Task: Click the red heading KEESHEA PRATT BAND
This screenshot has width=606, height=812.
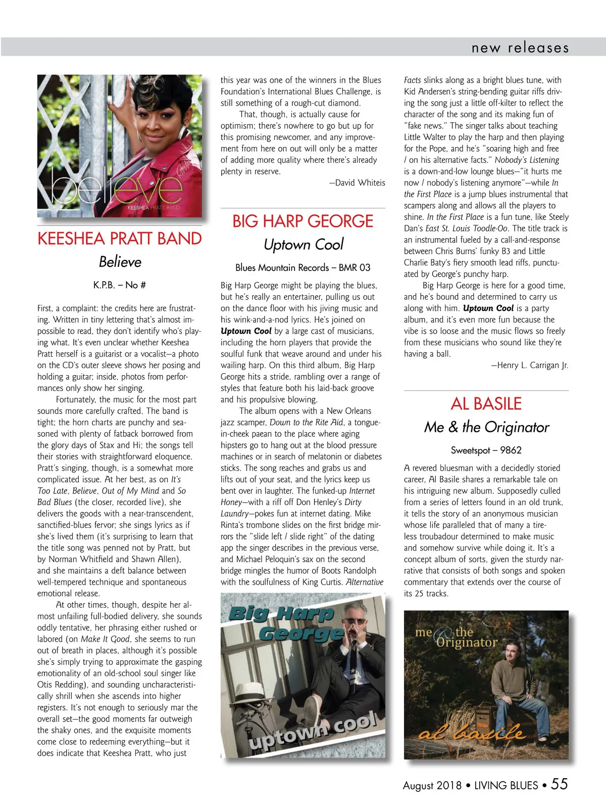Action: click(120, 239)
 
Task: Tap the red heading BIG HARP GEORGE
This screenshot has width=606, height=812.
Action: click(302, 221)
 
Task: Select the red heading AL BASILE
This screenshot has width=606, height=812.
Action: click(486, 404)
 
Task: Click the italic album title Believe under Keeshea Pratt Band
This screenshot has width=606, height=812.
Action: click(120, 262)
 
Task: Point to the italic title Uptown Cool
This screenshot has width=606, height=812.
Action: click(303, 245)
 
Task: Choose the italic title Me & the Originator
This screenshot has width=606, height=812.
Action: click(486, 427)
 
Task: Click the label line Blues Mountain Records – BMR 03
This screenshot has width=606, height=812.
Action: click(302, 267)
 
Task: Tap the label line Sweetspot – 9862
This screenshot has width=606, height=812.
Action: click(486, 450)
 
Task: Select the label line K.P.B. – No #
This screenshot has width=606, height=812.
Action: click(120, 285)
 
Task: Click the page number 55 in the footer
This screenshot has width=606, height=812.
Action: click(559, 784)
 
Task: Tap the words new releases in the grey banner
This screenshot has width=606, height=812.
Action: click(520, 48)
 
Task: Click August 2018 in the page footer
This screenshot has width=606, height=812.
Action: click(432, 785)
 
